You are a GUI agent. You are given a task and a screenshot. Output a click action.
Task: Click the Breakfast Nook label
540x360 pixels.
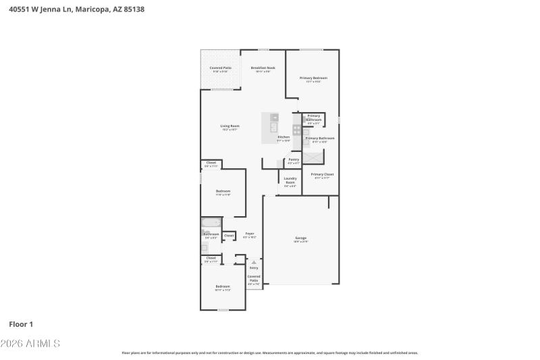(x=263, y=68)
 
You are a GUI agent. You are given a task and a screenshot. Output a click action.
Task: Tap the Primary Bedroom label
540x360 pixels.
(x=313, y=78)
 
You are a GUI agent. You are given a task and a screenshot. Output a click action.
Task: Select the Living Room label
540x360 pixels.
(x=230, y=126)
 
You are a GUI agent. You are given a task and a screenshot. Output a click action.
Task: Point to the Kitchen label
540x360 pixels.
(x=283, y=137)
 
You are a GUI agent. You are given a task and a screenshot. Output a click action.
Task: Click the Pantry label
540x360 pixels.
(x=294, y=159)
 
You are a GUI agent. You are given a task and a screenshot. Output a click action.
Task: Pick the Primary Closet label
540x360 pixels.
(x=322, y=174)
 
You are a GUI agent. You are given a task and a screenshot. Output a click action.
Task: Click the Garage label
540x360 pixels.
(x=300, y=238)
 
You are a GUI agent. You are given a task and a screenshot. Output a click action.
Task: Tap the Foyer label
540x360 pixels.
(x=250, y=234)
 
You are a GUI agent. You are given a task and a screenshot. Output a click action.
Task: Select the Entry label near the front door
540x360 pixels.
(x=254, y=268)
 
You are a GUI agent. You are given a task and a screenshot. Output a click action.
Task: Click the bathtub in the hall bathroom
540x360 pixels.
(x=211, y=223)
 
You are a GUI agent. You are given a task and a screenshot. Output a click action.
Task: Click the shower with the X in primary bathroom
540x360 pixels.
(x=313, y=157)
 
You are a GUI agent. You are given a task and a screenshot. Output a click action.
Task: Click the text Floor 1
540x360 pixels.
(x=21, y=324)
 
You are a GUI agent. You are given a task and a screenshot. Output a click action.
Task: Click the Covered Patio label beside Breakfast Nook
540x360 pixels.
(x=220, y=68)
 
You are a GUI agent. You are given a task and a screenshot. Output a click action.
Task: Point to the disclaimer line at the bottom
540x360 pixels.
(x=269, y=353)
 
